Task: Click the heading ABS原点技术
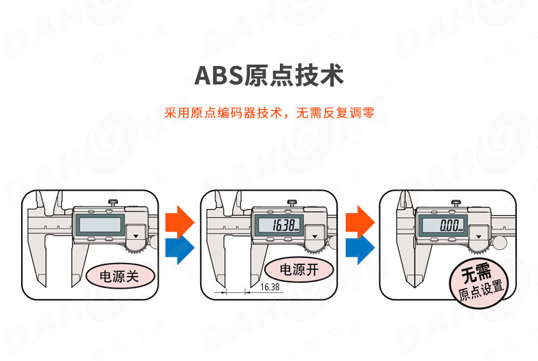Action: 268,74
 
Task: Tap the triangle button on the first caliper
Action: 136,234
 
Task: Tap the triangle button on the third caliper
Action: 479,234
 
